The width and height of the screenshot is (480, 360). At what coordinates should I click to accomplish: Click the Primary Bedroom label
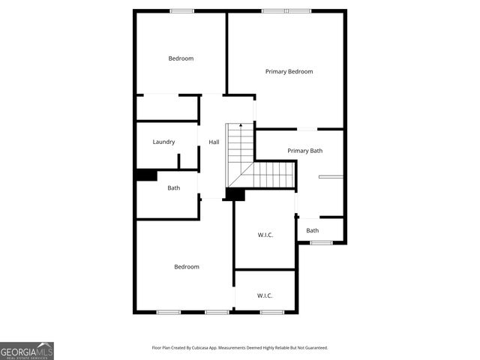[x=289, y=71]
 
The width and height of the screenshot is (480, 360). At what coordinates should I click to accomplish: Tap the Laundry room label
[x=163, y=142]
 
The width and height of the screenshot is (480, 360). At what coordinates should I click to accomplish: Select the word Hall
[x=214, y=142]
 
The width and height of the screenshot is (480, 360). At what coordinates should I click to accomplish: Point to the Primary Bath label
[x=304, y=151]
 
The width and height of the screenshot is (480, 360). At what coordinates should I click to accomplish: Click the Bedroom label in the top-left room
[x=181, y=58]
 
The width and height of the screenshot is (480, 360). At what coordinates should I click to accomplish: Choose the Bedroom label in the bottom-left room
[x=187, y=267]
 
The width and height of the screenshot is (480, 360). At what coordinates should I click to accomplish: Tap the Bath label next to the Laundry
[x=173, y=188]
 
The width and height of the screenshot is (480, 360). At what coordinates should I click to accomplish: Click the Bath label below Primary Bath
[x=312, y=230]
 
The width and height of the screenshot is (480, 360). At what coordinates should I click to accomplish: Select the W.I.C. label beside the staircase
[x=265, y=235]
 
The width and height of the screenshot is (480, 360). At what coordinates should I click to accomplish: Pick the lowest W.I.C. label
[x=265, y=295]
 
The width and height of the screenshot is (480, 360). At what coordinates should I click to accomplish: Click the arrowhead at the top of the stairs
[x=240, y=126]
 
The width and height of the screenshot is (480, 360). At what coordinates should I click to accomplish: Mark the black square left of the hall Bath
[x=145, y=175]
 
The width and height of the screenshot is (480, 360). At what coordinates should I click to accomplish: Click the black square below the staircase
[x=235, y=194]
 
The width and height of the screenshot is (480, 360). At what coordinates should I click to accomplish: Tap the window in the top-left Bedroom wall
[x=181, y=10]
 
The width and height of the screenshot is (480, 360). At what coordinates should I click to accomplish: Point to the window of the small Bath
[x=321, y=242]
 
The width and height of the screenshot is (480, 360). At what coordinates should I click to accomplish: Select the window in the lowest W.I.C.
[x=271, y=311]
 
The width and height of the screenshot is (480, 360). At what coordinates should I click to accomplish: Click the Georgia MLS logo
[x=27, y=350]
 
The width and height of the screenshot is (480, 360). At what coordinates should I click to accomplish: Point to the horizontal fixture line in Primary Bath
[x=330, y=176]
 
